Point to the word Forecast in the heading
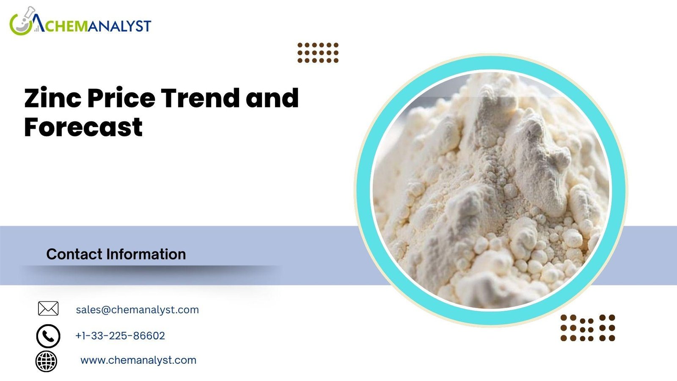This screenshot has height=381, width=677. pos(83,127)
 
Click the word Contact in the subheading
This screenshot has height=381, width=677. pos(74,254)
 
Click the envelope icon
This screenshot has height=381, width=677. pos(48,309)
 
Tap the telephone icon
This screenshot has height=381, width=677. pos(48,336)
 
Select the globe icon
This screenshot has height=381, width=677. pos(46,362)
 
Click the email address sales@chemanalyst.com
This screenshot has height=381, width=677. pos(137,309)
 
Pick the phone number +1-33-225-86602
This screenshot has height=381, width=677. pos(120,336)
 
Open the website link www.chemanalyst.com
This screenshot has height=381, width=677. pos(138,360)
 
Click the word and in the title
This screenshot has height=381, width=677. pos(272,98)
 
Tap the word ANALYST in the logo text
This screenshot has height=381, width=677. pos(119,26)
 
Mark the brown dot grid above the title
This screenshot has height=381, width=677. pos(318,52)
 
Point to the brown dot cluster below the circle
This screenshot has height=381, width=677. pos(588,328)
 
